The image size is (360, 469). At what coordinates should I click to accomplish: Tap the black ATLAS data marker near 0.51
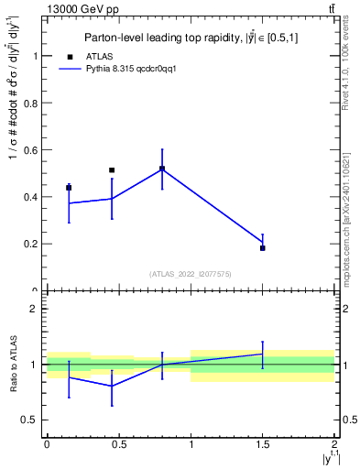pyautogui.click(x=112, y=170)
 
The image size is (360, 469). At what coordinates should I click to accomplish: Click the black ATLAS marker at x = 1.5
pyautogui.click(x=263, y=248)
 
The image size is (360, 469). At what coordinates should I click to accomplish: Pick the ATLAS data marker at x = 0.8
pyautogui.click(x=162, y=169)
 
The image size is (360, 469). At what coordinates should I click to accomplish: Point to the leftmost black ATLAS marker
pyautogui.click(x=69, y=188)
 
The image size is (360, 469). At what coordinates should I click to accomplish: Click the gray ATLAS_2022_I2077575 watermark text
pyautogui.click(x=191, y=274)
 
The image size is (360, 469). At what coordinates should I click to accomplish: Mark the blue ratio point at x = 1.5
pyautogui.click(x=263, y=354)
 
